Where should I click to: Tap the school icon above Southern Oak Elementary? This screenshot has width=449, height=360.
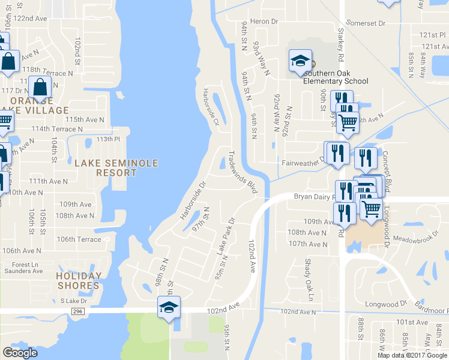(300, 61)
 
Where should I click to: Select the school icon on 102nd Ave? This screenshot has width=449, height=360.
(169, 307)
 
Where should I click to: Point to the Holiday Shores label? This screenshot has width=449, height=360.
(79, 280)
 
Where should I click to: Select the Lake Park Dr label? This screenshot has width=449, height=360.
(224, 235)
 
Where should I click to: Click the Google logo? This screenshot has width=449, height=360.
(20, 352)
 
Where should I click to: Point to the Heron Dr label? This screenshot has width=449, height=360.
(266, 22)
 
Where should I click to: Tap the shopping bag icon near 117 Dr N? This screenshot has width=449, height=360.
(39, 88)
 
